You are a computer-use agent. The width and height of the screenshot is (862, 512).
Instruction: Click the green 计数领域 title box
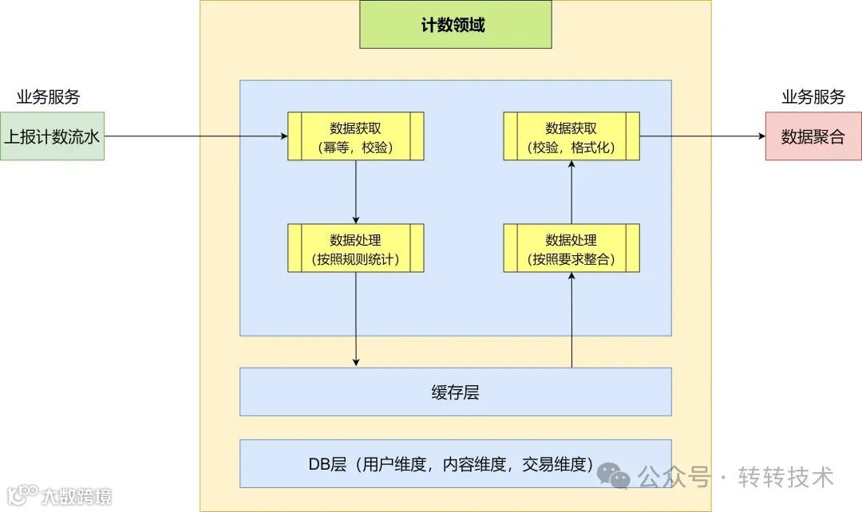[x=455, y=25]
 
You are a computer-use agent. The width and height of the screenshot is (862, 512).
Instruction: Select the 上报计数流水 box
[x=52, y=136]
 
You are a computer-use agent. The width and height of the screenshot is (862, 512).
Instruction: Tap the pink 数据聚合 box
[x=813, y=136]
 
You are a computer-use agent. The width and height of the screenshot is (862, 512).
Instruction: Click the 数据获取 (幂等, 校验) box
[x=355, y=136]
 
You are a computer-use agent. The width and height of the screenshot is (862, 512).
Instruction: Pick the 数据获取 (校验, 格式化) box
[x=571, y=136]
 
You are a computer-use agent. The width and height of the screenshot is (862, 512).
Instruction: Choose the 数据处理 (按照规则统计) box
[x=355, y=248]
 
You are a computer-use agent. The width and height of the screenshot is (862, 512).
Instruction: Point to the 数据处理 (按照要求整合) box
[x=571, y=248]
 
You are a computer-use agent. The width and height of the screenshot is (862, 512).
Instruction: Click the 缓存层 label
[x=455, y=392]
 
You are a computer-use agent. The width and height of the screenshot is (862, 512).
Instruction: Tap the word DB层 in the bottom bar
[x=327, y=464]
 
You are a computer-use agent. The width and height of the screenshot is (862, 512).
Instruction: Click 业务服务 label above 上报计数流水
[x=49, y=97]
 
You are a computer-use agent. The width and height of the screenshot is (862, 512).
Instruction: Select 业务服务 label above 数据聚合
[x=813, y=97]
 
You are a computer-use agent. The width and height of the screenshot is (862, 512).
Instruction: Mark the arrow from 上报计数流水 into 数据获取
[x=196, y=136]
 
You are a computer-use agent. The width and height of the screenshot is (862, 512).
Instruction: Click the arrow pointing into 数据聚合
[x=702, y=136]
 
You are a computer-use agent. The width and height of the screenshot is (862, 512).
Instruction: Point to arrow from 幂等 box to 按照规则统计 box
[x=355, y=192]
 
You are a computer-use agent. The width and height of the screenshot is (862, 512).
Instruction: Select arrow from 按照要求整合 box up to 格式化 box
[x=571, y=192]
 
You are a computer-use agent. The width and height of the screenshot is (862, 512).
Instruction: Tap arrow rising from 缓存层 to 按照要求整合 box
[x=571, y=319]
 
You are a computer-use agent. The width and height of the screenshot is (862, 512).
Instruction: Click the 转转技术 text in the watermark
[x=786, y=477]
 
